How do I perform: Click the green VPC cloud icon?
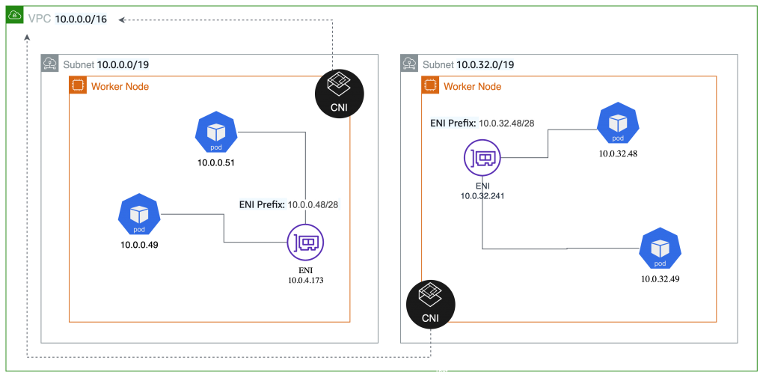15,15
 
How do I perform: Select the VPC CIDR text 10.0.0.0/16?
81,19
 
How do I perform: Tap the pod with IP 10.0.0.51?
216,132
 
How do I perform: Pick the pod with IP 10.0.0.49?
139,215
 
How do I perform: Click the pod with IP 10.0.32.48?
618,123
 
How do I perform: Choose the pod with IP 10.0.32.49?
660,249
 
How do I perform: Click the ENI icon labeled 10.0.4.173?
305,243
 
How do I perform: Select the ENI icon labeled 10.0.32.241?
482,158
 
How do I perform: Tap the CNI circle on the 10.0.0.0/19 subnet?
339,94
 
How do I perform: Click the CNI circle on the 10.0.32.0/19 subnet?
430,305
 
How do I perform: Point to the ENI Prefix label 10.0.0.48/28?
289,205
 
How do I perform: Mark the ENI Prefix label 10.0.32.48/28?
482,123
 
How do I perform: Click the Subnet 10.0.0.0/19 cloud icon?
50,63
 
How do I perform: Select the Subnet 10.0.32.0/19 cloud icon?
409,63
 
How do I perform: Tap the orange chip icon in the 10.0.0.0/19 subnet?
78,85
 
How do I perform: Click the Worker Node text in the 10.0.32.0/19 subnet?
473,87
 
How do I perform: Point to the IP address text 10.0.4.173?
306,281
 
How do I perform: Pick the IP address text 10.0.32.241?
482,196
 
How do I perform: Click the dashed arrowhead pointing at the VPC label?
122,20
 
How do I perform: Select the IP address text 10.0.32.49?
660,279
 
